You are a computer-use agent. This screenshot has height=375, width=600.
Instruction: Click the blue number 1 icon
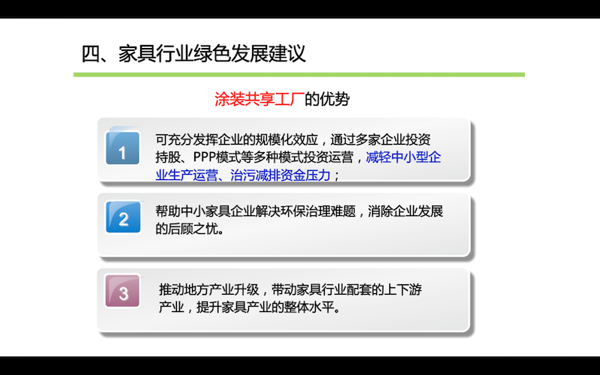(122, 148)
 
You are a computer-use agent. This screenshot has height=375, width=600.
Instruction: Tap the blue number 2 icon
(123, 217)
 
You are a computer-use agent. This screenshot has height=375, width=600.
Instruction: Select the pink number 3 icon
(122, 291)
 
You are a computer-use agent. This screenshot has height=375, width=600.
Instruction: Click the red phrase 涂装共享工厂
(259, 99)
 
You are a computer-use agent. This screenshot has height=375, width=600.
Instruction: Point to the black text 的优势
(327, 99)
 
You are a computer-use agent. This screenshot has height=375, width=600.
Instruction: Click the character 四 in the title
(91, 54)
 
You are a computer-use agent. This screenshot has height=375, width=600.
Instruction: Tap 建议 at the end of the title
(287, 54)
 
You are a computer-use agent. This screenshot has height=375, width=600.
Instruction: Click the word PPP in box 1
(204, 157)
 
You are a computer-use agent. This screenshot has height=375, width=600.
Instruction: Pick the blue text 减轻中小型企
(403, 157)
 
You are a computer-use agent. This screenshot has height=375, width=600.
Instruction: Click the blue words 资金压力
(305, 175)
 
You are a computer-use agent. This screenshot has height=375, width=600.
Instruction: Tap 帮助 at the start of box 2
(168, 211)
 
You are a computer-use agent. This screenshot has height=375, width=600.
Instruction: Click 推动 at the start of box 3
(172, 289)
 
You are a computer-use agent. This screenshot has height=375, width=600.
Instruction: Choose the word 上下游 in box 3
(403, 289)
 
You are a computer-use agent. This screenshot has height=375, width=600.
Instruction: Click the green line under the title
(299, 74)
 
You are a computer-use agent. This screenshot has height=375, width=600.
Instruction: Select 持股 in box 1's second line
(168, 157)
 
